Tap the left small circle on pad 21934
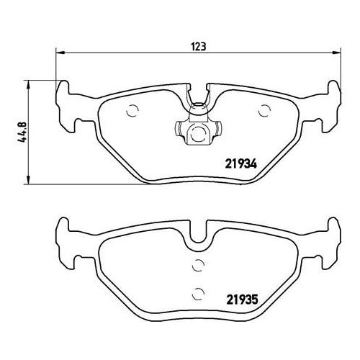pyautogui.click(x=132, y=111)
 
